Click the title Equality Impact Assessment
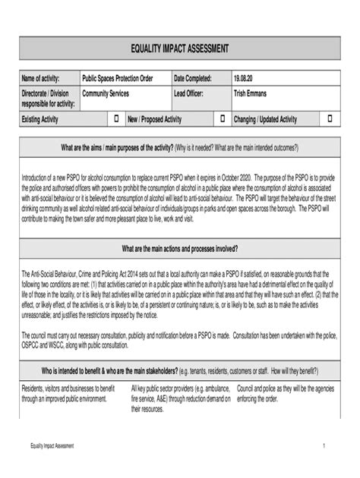click(x=179, y=49)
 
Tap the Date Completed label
click(x=195, y=79)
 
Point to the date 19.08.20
click(x=247, y=79)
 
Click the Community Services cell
click(x=106, y=93)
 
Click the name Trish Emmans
click(x=252, y=93)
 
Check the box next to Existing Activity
click(x=117, y=119)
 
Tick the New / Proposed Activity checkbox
click(x=223, y=119)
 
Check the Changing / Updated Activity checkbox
click(x=330, y=119)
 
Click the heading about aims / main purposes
click(x=179, y=147)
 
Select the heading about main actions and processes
click(x=179, y=248)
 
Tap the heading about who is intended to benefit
click(x=179, y=372)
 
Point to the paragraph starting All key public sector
click(x=180, y=398)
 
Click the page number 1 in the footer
click(x=324, y=446)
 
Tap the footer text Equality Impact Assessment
click(x=47, y=446)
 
